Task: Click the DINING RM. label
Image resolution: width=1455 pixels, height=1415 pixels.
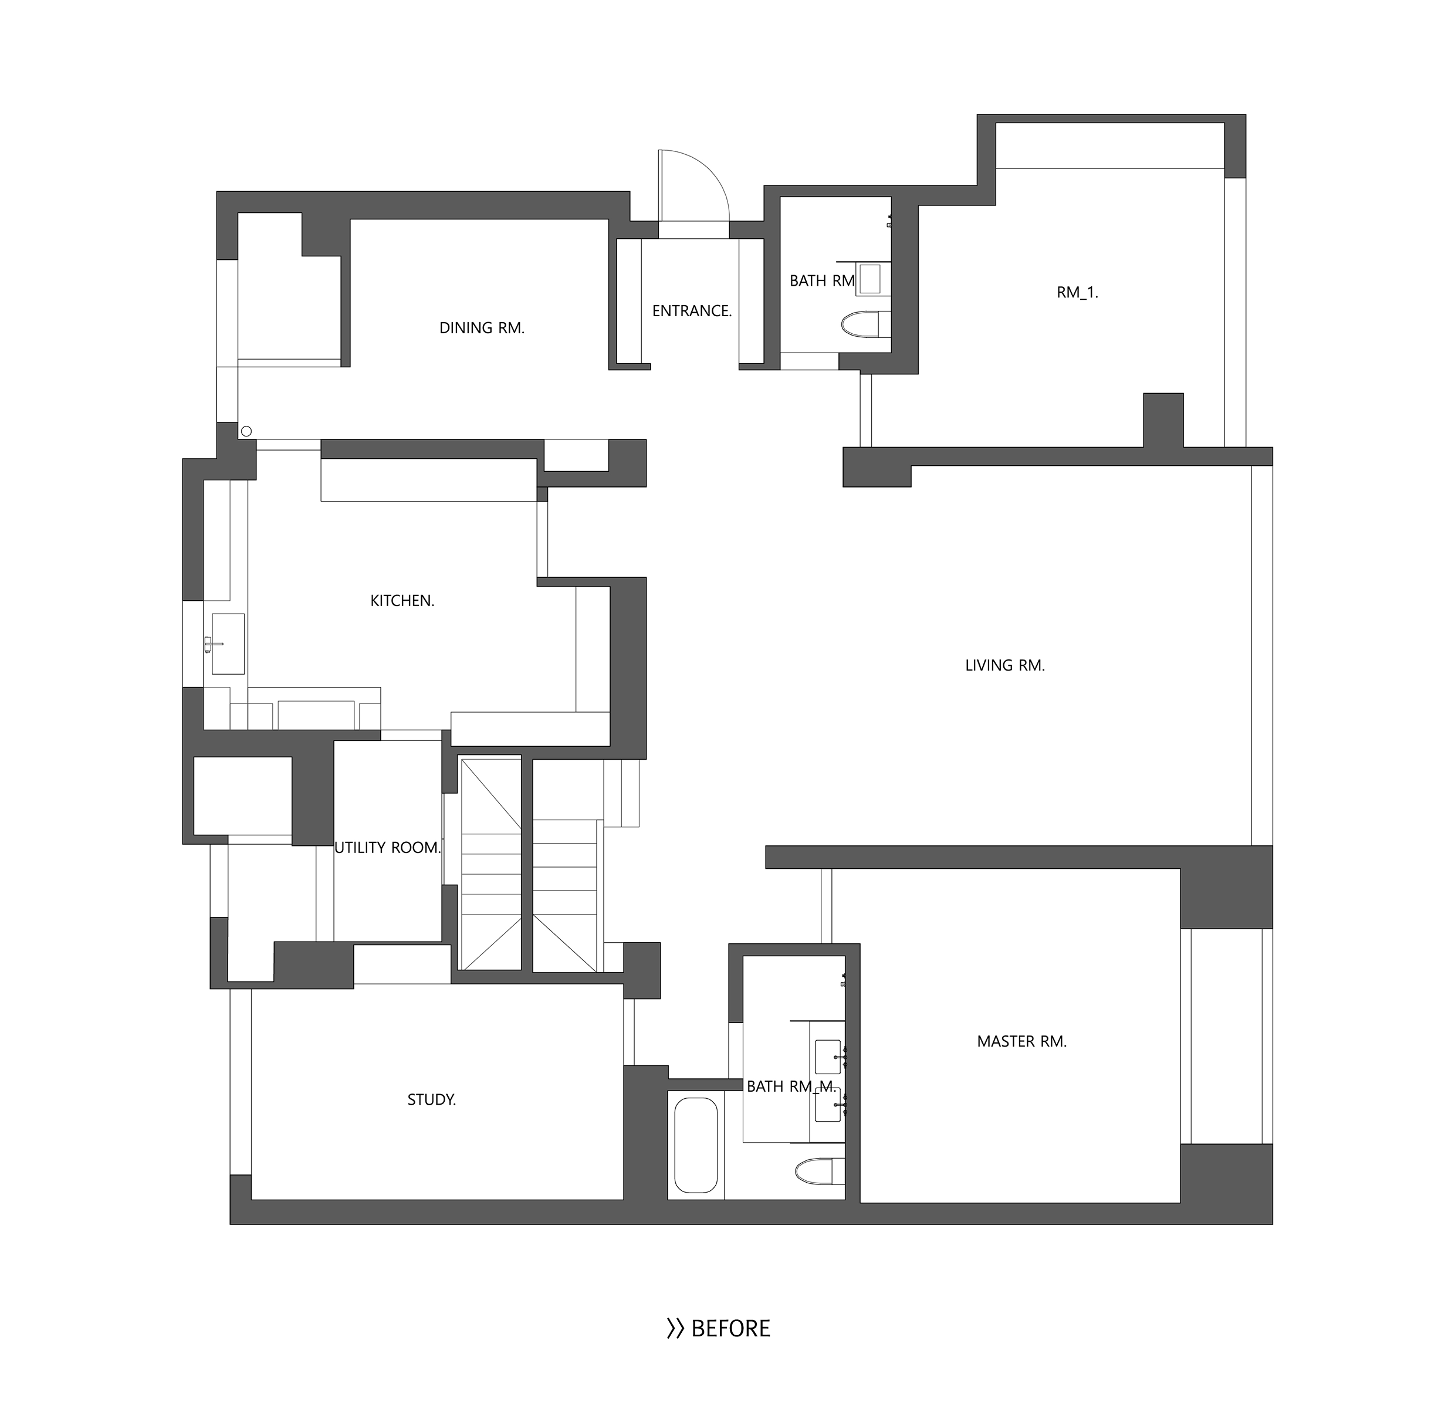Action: (482, 328)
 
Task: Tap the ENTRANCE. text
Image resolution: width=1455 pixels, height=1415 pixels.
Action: (692, 311)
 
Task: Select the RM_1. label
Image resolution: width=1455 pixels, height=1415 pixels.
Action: (1077, 292)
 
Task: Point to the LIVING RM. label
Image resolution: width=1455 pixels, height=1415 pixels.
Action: (1004, 665)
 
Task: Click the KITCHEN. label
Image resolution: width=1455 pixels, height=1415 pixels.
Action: (402, 601)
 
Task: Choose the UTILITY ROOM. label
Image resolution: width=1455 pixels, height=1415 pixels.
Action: (388, 847)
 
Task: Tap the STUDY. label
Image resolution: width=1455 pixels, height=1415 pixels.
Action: (431, 1099)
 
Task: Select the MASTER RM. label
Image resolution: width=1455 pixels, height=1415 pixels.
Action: (1022, 1041)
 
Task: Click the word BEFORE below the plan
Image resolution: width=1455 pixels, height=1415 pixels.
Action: (730, 1328)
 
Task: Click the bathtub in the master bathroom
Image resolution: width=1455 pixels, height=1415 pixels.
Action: (696, 1145)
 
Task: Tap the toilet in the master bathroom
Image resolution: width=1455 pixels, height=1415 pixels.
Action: (820, 1172)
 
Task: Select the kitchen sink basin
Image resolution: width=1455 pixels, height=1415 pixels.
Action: (228, 644)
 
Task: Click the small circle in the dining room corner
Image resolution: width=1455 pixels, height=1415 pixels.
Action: (247, 431)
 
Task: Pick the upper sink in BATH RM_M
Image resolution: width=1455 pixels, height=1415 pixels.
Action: (828, 1055)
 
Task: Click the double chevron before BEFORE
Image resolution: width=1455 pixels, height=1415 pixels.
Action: (675, 1329)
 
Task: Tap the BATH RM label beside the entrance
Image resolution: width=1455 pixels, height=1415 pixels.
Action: (822, 281)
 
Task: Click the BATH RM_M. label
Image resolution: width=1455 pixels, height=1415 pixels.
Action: (791, 1086)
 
